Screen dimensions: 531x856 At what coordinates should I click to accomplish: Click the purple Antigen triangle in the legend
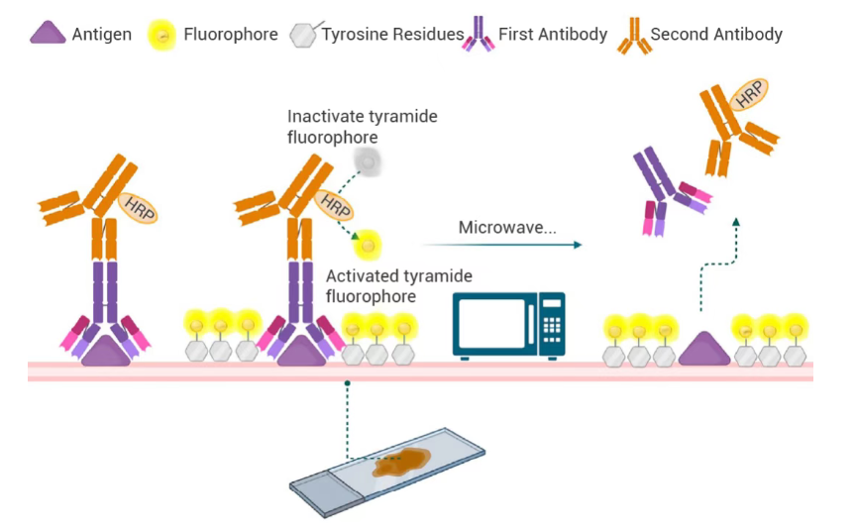point(47,35)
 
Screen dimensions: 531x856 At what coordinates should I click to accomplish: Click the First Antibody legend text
point(553,35)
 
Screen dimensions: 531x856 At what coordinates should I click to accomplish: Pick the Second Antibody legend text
point(715,35)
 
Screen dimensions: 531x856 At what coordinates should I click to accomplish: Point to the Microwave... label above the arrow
point(506,228)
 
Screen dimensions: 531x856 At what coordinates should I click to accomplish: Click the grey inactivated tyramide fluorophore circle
point(369,161)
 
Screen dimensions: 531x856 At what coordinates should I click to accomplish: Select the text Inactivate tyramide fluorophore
point(362,127)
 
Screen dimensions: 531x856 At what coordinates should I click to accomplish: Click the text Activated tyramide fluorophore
point(398,285)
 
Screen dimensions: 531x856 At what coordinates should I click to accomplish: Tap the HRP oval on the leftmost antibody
point(138,207)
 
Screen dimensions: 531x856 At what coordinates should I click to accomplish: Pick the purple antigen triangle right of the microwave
point(703,350)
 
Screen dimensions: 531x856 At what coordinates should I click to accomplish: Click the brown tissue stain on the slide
point(401,462)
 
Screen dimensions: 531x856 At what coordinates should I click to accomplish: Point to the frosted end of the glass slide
point(319,484)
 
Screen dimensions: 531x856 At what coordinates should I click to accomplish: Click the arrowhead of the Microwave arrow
point(577,245)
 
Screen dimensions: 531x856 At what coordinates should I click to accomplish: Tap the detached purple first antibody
point(663,178)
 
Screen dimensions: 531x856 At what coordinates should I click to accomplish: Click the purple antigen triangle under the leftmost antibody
point(105,350)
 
